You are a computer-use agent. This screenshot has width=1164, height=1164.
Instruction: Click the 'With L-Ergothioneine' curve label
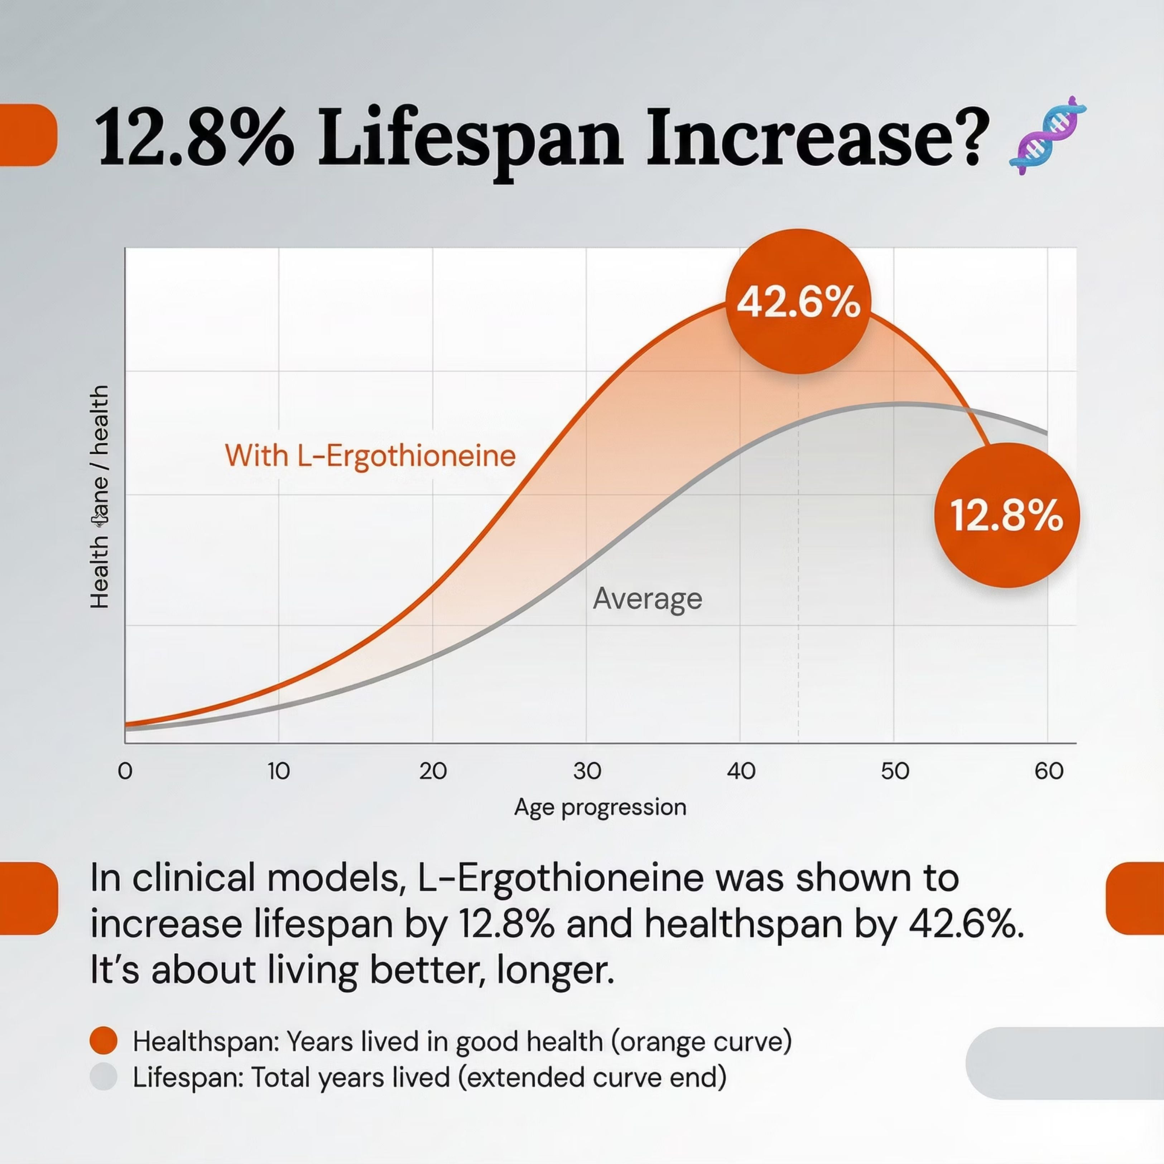coord(370,456)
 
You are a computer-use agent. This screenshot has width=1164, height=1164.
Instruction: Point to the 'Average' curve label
coord(648,598)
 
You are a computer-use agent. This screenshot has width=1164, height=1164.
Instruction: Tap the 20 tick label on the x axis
coord(433,771)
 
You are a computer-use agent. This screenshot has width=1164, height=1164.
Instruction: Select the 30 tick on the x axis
coord(587,771)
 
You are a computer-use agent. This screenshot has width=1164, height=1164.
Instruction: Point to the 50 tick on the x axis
coord(895,771)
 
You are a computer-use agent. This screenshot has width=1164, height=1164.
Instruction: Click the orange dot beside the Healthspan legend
coord(103,1040)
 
